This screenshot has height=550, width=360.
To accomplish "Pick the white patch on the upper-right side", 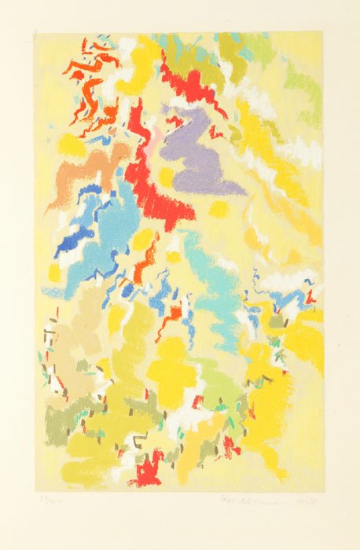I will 303,149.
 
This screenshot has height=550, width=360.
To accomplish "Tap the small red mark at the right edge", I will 310,297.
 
